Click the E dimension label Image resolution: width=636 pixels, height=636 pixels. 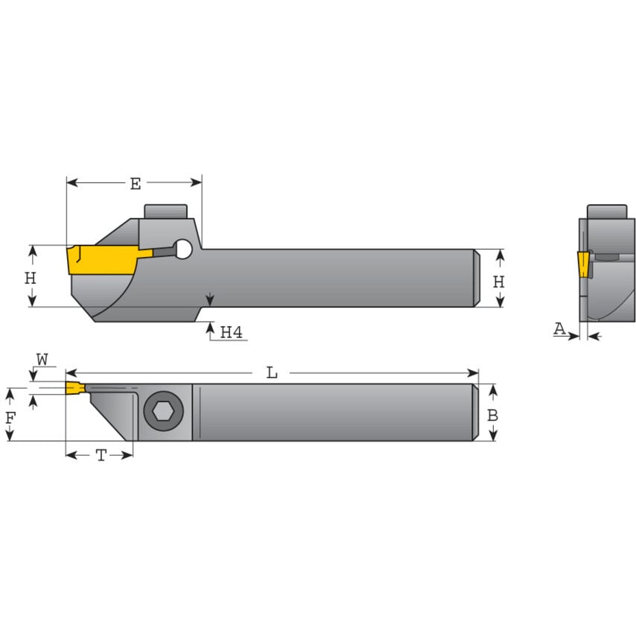click(x=135, y=184)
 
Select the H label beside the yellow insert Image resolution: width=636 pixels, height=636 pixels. click(x=30, y=278)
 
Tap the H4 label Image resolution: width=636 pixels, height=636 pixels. click(x=231, y=332)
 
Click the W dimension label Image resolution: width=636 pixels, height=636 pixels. click(x=42, y=360)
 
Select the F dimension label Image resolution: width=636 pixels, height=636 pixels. click(x=10, y=418)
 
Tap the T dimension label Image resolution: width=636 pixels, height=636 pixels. click(x=101, y=456)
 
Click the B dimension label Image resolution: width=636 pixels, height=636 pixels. click(x=492, y=415)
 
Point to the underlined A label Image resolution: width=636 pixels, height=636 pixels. click(x=559, y=328)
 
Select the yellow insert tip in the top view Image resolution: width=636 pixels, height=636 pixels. click(x=74, y=388)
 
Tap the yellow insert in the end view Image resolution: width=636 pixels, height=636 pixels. click(x=582, y=264)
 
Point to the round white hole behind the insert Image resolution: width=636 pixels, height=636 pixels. click(x=183, y=250)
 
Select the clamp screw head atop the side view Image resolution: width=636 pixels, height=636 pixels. click(x=165, y=211)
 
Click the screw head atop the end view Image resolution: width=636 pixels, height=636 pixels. click(x=605, y=212)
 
